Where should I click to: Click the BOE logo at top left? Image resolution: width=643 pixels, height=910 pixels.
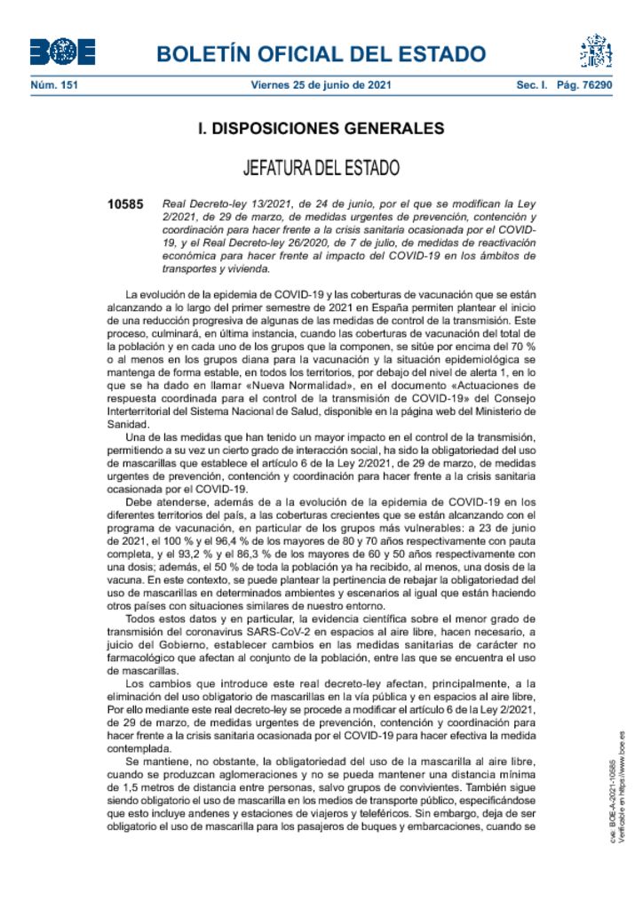point(62,52)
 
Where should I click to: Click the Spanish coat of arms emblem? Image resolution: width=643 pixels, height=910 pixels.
point(595,52)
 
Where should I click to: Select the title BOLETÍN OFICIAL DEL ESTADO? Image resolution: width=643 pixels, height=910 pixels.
point(321,53)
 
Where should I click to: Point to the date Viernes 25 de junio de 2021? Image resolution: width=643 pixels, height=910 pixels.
point(321,85)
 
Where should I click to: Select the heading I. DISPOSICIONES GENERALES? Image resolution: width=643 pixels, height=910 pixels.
point(321,129)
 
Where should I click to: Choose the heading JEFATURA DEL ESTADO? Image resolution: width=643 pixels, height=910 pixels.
point(321,168)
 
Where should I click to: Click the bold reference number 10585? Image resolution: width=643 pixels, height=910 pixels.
point(125,204)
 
